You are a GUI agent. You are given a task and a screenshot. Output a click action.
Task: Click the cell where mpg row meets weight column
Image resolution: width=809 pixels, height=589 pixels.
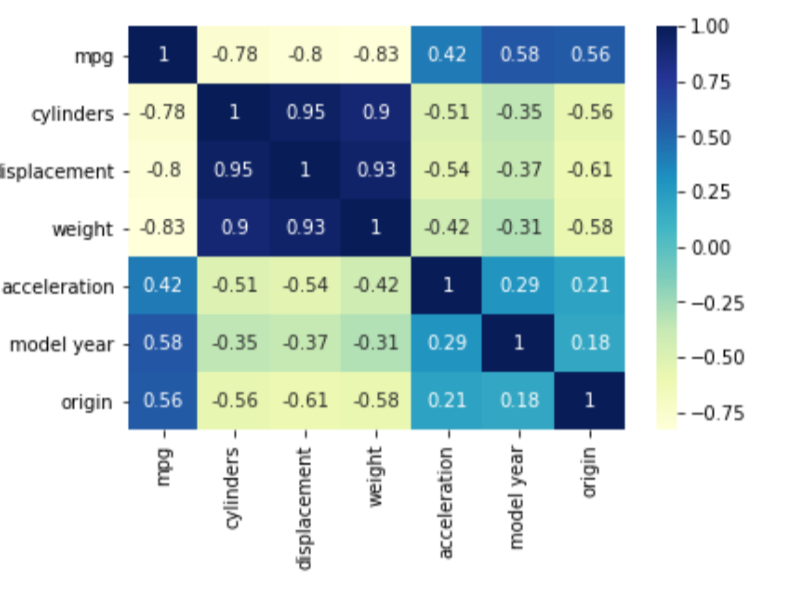coord(376,55)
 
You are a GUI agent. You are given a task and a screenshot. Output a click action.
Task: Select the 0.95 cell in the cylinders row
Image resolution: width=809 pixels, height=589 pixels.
coord(305,113)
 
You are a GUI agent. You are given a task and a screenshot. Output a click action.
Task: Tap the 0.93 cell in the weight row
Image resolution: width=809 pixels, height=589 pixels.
coord(305,228)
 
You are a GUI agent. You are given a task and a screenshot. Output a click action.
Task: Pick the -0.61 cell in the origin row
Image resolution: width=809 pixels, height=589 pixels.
coord(305,401)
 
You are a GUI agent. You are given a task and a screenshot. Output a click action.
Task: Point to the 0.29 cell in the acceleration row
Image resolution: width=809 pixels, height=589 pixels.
coord(518,286)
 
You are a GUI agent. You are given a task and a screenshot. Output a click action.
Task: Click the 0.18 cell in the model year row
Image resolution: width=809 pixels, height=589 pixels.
coord(589,344)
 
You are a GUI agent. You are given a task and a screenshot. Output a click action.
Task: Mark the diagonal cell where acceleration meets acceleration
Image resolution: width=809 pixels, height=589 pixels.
coord(447,286)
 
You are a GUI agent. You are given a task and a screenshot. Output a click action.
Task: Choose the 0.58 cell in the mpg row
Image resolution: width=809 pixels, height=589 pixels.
coord(518,55)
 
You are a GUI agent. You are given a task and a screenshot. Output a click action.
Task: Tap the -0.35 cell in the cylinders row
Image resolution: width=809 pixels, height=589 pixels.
coord(518,113)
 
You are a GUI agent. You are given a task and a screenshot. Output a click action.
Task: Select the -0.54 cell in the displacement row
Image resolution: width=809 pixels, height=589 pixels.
coord(447,171)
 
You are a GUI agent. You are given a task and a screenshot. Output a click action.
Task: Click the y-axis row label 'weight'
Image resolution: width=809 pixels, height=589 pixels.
coord(83,229)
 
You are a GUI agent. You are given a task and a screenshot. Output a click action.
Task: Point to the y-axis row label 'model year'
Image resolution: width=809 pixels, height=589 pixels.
coord(62,345)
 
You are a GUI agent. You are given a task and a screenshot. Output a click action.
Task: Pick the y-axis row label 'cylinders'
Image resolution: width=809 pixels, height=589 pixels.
coord(72,113)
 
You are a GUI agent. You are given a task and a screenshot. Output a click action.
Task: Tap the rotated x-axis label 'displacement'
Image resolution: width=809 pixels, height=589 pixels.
coord(304,508)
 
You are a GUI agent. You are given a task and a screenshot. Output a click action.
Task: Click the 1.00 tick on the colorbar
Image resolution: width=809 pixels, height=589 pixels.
coord(709,26)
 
